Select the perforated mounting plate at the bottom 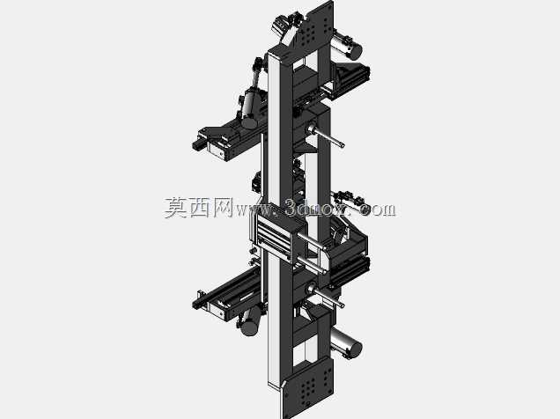pyautogui.click(x=308, y=387)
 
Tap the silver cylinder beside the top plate pyautogui.click(x=347, y=46)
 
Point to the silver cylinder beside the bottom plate pyautogui.click(x=346, y=344)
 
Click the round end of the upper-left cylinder pyautogui.click(x=249, y=122)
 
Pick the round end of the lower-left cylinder pyautogui.click(x=249, y=327)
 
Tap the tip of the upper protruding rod pyautogui.click(x=343, y=145)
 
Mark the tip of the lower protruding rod pyautogui.click(x=343, y=305)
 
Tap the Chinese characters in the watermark pyautogui.click(x=199, y=208)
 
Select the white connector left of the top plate pyautogui.click(x=280, y=26)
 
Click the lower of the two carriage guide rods pyautogui.click(x=310, y=265)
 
